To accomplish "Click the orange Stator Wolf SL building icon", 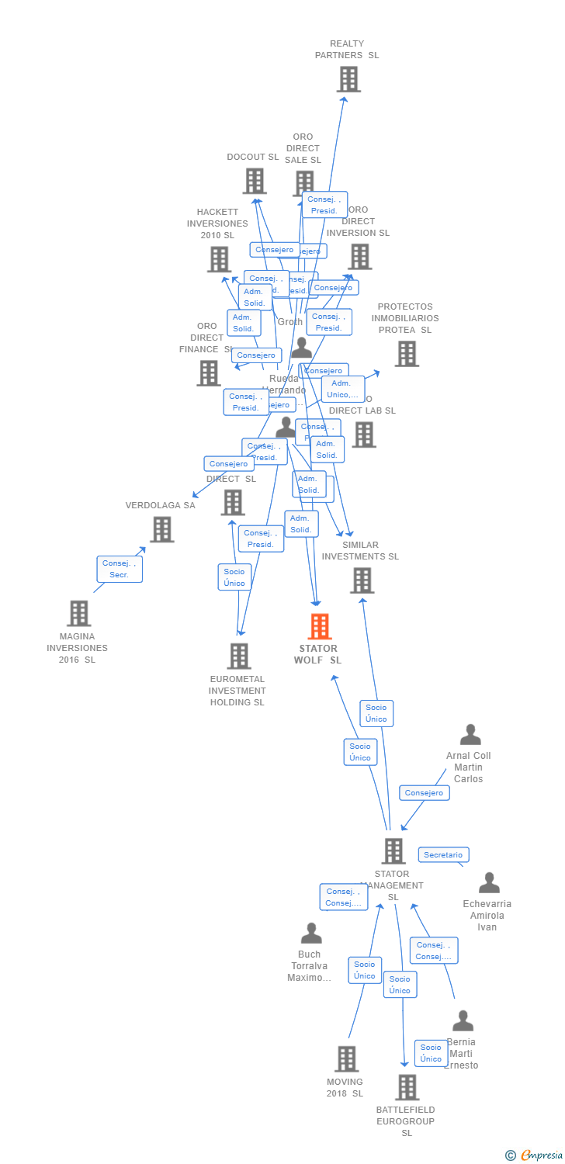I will pos(320,626).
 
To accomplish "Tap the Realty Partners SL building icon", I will pos(348,79).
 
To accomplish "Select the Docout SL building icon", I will pos(254,181).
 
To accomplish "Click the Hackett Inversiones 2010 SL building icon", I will pos(220,259).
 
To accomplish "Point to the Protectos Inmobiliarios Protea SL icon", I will pos(407,354).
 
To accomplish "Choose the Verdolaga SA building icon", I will pos(161,529).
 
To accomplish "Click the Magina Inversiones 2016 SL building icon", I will pos(78,613).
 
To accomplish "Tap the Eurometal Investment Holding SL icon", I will pos(239,656).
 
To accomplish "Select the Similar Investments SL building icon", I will pos(362,580).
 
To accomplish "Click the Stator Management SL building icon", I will pos(393,850).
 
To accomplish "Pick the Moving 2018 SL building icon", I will pos(346,1058).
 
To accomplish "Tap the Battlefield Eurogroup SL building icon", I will pos(407,1087).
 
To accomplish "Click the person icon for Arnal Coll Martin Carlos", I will pos(470,734).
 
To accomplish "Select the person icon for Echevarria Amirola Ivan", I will pos(489,882).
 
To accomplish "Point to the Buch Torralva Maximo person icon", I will pos(311,933).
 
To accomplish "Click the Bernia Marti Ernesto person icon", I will pos(463,1020).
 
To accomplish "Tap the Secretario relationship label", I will pos(443,854).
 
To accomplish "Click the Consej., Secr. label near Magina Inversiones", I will pos(120,569).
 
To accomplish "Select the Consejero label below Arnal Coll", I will pos(424,792).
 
